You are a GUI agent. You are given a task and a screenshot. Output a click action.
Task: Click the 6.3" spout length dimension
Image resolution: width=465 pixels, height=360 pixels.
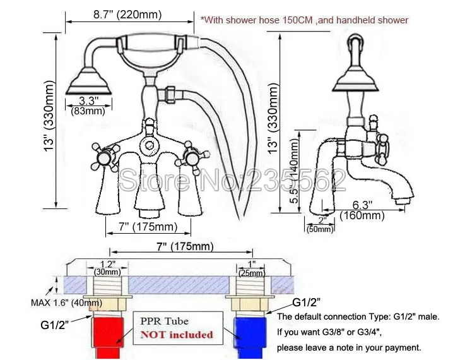362,204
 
